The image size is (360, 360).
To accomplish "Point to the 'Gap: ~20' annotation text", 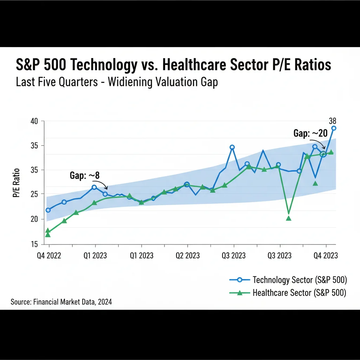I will (310, 134).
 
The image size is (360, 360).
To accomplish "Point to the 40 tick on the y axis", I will (34, 121).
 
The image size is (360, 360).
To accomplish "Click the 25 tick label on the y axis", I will (34, 194).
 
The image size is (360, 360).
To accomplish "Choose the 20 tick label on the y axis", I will (34, 219).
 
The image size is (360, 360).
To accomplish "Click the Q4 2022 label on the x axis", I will (49, 256).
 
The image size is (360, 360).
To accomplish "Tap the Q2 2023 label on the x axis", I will (187, 256).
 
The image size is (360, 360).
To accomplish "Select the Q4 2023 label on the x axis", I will (326, 256).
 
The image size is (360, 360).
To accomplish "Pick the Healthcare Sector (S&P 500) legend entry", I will (299, 293).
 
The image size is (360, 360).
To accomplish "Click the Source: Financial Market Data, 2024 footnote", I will (61, 302).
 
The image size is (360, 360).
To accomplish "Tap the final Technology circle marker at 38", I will (334, 128).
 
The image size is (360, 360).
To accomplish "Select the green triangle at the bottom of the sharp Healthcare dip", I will (289, 218).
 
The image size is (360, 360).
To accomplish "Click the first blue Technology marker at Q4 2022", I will (48, 210).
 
